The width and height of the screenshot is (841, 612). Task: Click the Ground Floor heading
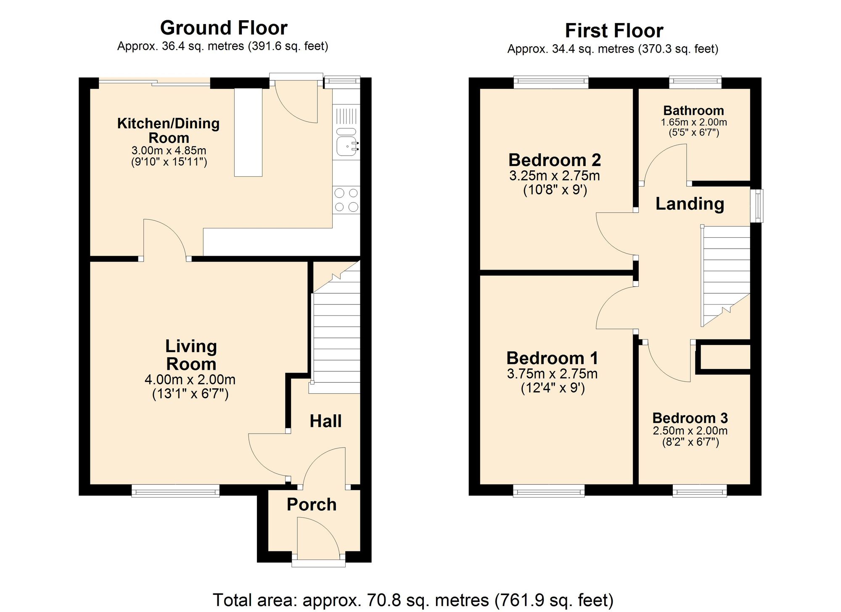(x=223, y=28)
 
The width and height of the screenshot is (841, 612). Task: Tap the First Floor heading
(x=614, y=31)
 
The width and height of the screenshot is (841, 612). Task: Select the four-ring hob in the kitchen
(x=346, y=200)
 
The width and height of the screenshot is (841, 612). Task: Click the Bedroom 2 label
(x=554, y=160)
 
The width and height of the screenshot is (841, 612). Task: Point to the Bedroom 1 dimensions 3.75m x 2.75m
(x=552, y=374)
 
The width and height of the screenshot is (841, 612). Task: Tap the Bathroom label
(x=693, y=111)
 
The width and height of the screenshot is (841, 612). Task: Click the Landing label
(x=690, y=204)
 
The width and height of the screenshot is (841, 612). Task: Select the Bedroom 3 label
(x=690, y=418)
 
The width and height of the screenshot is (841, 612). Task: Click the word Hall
(x=325, y=421)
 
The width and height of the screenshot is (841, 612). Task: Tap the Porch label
(x=312, y=504)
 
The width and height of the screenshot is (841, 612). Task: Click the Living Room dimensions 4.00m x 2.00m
(x=190, y=380)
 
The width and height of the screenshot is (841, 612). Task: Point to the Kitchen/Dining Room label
(x=168, y=130)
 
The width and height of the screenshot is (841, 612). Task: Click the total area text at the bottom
(x=413, y=600)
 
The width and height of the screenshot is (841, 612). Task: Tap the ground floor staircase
(x=336, y=336)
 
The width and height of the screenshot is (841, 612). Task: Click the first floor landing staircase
(x=725, y=273)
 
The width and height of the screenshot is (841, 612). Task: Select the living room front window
(x=175, y=491)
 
